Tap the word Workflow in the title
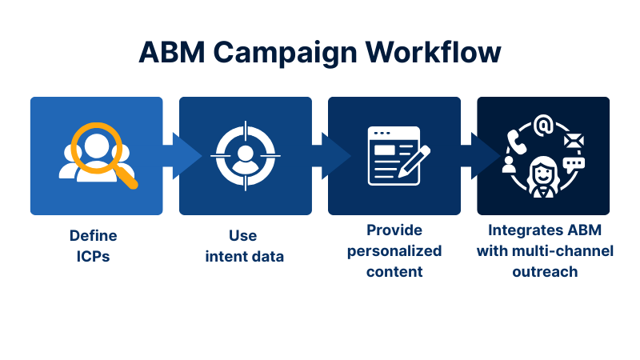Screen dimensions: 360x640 coord(434,52)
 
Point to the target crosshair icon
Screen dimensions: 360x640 coord(246,156)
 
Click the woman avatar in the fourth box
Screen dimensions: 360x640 coord(544,173)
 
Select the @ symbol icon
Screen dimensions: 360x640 coord(544,126)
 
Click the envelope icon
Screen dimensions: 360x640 coord(574,142)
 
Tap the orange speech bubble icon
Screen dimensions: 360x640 coord(574,165)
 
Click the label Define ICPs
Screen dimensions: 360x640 coord(93,245)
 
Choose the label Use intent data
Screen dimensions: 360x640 coord(244,245)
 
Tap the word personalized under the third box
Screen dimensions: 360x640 coord(394,250)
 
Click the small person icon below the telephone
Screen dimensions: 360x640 coord(509,165)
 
